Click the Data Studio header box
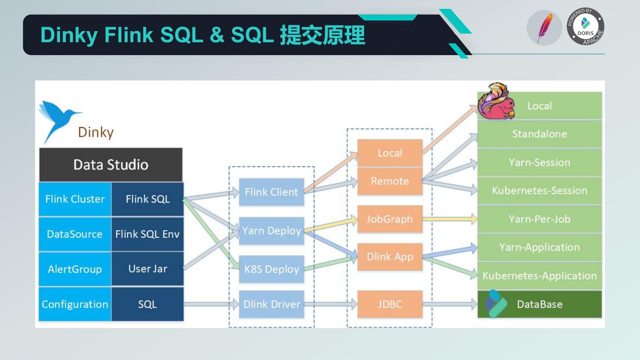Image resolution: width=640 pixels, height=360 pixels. pos(111,164)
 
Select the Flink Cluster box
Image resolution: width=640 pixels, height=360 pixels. pos(75,199)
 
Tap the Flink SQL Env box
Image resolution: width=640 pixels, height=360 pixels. pos(147,234)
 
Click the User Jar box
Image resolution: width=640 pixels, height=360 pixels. pos(147,269)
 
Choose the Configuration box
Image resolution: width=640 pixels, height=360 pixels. pos(75,304)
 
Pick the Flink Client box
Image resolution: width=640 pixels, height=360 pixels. pos(271,192)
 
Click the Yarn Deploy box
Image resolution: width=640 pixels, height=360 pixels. pos(271,231)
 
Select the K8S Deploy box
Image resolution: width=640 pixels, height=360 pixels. pos(271,269)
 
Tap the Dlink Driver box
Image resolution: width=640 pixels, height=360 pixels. pos(271,304)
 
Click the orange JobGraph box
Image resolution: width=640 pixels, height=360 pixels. pos(389,219)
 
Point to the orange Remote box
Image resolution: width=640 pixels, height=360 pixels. pos(389,181)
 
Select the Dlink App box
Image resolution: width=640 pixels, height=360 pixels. pos(389,257)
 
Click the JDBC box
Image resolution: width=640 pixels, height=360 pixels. pos(389,304)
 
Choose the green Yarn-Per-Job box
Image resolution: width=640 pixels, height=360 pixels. pos(539,219)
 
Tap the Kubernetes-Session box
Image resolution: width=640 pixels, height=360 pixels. pos(539,191)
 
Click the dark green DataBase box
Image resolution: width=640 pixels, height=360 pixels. pos(539,304)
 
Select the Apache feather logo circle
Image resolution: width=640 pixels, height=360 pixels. pos(544,28)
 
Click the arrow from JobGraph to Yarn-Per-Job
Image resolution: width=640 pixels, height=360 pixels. pos(449,219)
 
